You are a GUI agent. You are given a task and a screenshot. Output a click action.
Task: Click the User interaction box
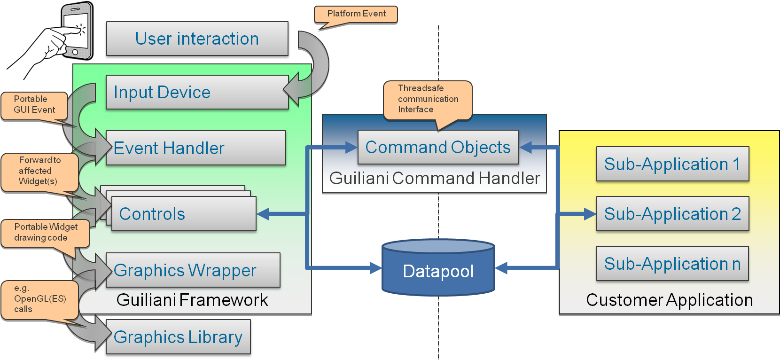pos(197,39)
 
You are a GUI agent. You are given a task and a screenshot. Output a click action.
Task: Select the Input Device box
pos(197,92)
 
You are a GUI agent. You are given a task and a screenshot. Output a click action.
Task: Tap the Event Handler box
pos(195,148)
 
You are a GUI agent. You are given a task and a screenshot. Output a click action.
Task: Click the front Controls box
pos(184,214)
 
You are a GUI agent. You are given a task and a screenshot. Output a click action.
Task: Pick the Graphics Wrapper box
pos(193,270)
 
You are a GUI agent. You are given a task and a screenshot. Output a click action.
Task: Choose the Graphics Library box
pos(178,337)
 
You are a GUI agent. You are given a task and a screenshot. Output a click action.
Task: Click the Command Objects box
pos(438,147)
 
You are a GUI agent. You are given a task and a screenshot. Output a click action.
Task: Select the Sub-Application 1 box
pos(672,164)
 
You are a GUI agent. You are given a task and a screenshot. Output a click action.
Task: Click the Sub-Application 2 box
pos(672,214)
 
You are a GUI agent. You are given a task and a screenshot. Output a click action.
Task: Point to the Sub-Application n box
pos(672,264)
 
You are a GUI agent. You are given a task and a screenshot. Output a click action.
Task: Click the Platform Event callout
pos(356,14)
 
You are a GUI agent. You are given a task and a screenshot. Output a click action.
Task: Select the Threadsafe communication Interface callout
pos(428,99)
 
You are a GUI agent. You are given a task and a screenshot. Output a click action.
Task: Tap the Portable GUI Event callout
pos(34,105)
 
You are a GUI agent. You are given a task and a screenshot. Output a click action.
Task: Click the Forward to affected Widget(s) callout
pos(39,171)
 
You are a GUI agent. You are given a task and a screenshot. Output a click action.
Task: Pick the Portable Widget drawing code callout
pos(45,233)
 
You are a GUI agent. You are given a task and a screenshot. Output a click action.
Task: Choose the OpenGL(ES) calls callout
pos(39,299)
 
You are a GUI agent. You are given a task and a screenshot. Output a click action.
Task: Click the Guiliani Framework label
pos(192,300)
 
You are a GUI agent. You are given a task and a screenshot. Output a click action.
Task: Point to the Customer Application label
pos(669,300)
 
